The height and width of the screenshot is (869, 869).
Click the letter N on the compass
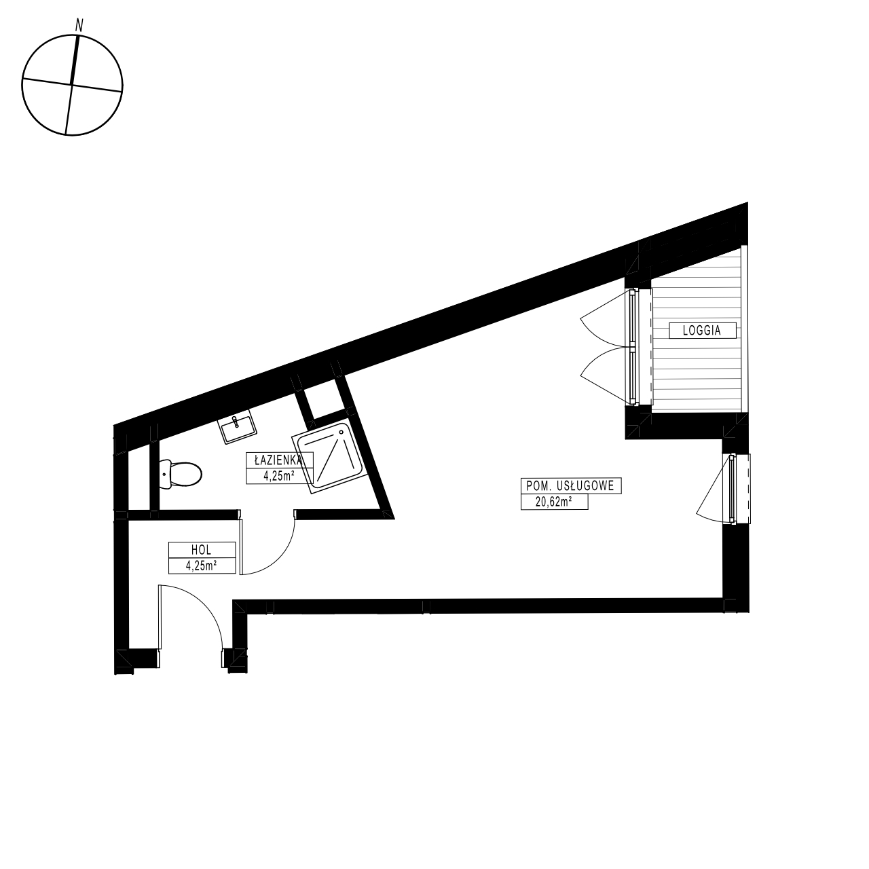point(80,25)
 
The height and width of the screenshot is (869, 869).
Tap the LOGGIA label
point(702,331)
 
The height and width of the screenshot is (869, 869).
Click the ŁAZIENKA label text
point(278,460)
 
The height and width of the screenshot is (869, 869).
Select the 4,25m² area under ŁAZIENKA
point(279,476)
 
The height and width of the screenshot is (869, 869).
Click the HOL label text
point(202,549)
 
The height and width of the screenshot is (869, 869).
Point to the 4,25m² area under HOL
point(202,566)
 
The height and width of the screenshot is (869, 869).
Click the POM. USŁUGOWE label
point(570,485)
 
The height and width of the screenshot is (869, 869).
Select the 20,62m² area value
point(554,502)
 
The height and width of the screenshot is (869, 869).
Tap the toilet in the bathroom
point(181,474)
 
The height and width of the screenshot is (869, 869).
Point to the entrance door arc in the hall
point(203,604)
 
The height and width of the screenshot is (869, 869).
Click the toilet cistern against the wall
point(165,474)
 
